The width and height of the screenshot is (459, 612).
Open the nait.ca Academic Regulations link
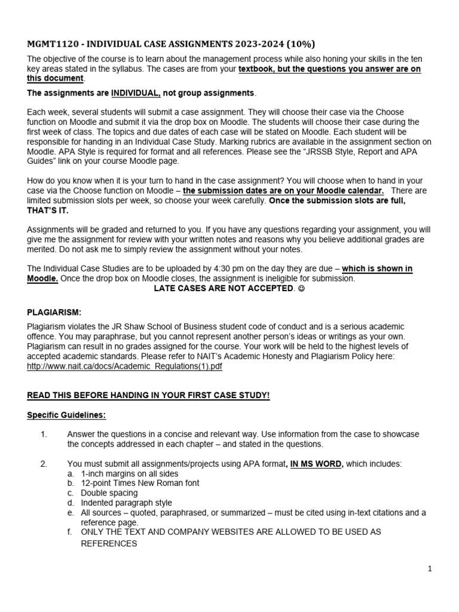pyautogui.click(x=124, y=366)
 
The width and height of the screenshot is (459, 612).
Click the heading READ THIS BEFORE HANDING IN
pyautogui.click(x=148, y=396)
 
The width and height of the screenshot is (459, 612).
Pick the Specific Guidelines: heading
pyautogui.click(x=67, y=415)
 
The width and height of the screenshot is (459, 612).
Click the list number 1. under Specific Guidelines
pyautogui.click(x=44, y=434)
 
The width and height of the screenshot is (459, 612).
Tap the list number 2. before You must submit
pyautogui.click(x=44, y=463)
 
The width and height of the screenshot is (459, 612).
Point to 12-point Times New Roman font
pyautogui.click(x=140, y=483)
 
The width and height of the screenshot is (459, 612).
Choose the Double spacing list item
pyautogui.click(x=109, y=493)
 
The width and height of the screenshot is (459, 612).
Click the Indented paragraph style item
pyautogui.click(x=126, y=503)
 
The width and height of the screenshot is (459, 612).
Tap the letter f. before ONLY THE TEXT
pyautogui.click(x=71, y=531)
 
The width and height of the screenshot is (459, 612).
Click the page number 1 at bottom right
pyautogui.click(x=430, y=570)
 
